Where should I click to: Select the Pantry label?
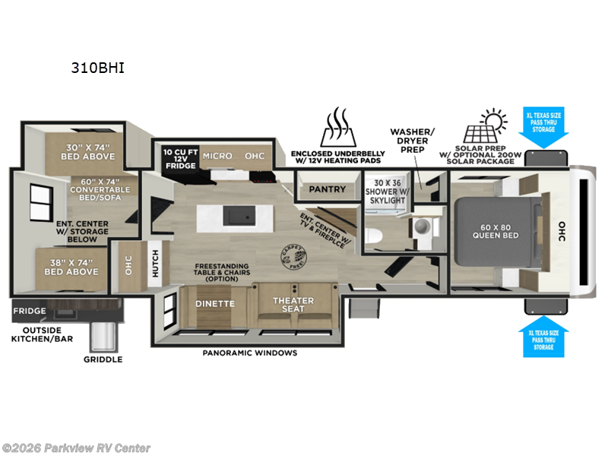[328, 189]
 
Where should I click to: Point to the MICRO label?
[217, 156]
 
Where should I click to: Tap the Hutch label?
[154, 261]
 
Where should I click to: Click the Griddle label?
[103, 359]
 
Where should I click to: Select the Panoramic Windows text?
[249, 353]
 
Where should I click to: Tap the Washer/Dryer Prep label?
[413, 141]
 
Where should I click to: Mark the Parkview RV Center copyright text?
[76, 448]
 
